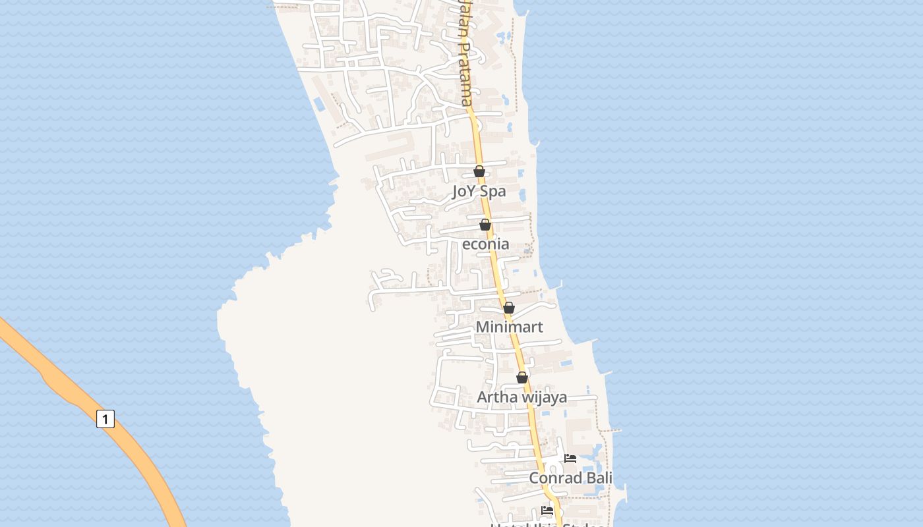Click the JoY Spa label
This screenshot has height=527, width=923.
479,192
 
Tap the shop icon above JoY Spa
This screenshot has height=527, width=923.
479,172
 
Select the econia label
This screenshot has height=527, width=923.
486,244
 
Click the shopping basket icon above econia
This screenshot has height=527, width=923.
485,225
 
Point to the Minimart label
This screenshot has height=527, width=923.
509,327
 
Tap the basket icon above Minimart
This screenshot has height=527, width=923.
509,308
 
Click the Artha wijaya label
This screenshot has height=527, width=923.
521,397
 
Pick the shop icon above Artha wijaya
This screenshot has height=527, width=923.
522,377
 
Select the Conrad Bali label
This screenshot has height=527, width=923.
570,478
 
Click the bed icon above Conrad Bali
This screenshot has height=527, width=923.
570,458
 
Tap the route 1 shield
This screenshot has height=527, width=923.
105,419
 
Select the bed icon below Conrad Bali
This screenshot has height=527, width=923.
547,511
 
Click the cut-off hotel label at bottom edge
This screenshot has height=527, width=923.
547,524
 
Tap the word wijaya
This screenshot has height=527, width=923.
545,397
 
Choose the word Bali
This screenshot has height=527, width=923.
597,478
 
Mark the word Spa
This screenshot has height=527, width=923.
494,192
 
